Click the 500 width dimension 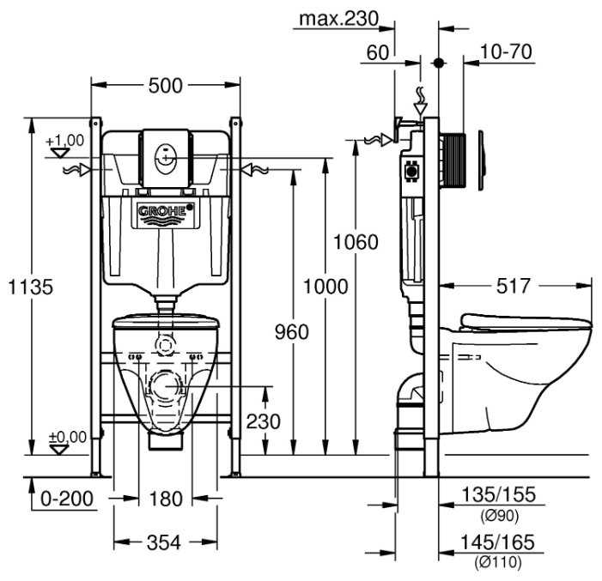click(164, 85)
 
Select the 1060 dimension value click(355, 242)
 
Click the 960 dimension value click(291, 331)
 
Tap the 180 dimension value click(165, 499)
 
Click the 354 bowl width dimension click(164, 542)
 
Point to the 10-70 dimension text click(507, 52)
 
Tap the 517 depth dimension click(512, 286)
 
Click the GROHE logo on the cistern click(165, 210)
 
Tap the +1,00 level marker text click(65, 140)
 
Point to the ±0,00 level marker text click(67, 437)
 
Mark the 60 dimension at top click(377, 52)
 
